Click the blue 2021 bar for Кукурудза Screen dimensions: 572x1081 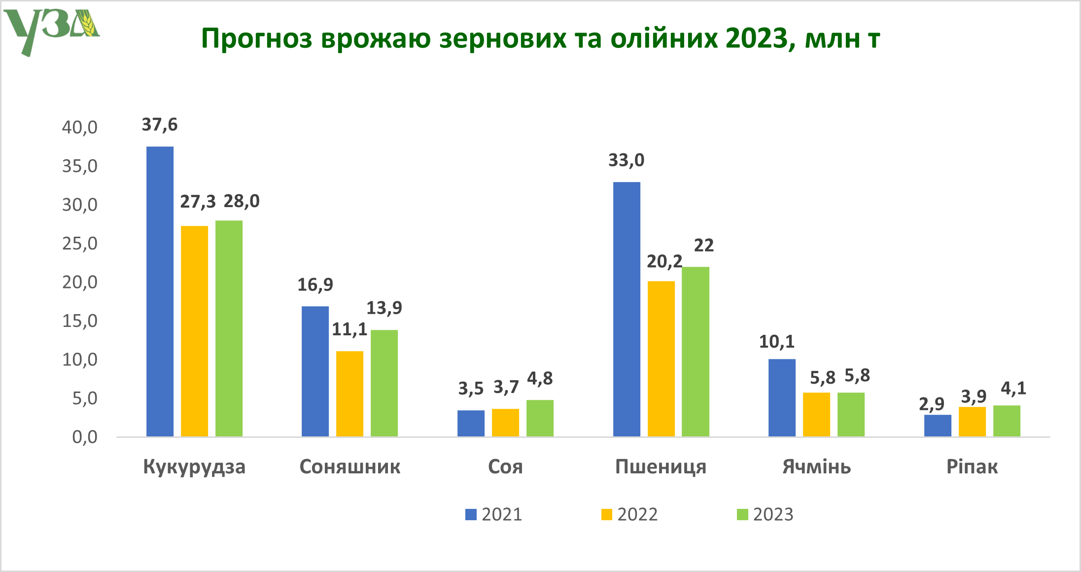click(x=160, y=291)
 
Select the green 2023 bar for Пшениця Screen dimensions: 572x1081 click(x=696, y=351)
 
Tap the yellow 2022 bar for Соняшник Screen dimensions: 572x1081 click(x=349, y=393)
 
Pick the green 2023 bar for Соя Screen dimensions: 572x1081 click(x=540, y=418)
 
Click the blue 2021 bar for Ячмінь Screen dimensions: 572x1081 click(x=782, y=397)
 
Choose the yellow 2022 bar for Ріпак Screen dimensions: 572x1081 click(x=972, y=422)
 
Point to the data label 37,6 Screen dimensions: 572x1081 click(x=159, y=125)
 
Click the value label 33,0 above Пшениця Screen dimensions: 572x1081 click(x=626, y=160)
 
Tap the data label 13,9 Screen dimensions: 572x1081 click(x=384, y=308)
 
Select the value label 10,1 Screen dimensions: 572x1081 click(x=776, y=342)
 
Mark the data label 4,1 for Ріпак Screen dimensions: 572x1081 click(x=1013, y=389)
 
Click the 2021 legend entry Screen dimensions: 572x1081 click(x=493, y=514)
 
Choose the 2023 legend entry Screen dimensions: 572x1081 click(x=765, y=514)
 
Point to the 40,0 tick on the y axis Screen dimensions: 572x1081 click(x=79, y=128)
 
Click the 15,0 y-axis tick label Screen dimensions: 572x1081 click(x=79, y=322)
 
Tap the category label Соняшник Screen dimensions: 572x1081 click(x=349, y=466)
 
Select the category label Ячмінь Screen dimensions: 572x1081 click(x=816, y=466)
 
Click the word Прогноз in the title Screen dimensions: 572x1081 click(x=256, y=38)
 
